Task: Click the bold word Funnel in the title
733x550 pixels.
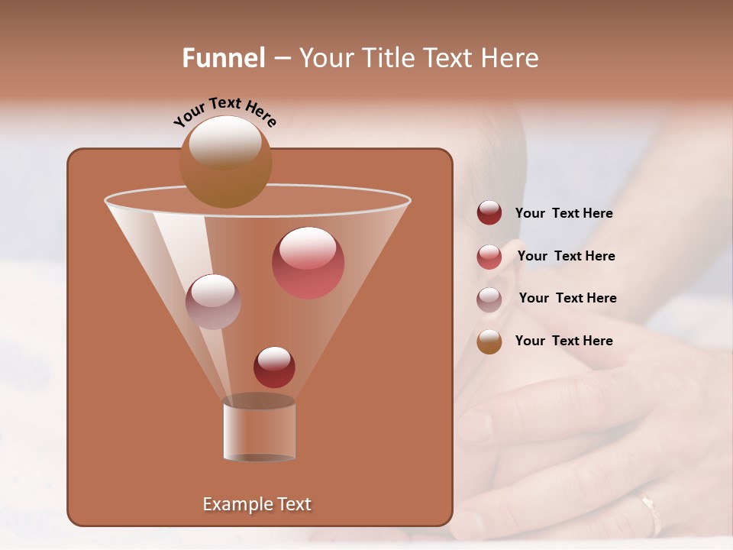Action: pos(224,58)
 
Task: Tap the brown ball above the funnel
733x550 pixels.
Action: pos(225,161)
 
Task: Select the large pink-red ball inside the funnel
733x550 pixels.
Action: pos(308,263)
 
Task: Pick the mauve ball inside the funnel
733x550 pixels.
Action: pos(213,302)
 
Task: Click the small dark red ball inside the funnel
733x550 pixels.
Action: pos(274,367)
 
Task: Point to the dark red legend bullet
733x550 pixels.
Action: pos(489,213)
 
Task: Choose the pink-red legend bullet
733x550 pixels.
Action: pos(489,257)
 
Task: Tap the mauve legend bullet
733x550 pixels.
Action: pos(489,299)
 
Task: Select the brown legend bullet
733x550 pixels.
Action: pos(489,341)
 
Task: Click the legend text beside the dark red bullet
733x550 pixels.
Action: pos(563,214)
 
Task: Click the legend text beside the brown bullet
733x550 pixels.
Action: pos(563,341)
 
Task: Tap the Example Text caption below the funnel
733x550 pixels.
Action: pos(257,504)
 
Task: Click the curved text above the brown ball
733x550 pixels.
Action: pos(225,111)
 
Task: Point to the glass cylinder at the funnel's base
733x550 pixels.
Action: pos(259,429)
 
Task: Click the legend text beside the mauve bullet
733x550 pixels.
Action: pos(567,298)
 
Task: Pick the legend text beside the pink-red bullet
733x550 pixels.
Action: pos(566,256)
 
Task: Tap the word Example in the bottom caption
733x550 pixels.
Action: pos(237,504)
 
